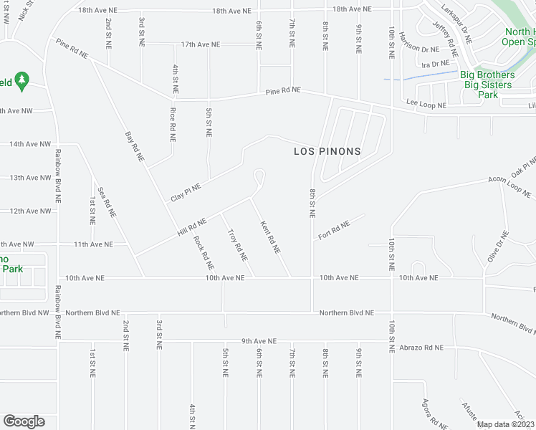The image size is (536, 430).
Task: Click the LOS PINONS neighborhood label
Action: [x=327, y=152]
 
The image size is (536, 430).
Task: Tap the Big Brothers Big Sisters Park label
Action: [x=487, y=85]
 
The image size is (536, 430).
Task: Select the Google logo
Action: [x=24, y=421]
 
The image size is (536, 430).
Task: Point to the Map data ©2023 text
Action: [x=505, y=425]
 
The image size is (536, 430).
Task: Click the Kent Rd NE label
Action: [x=269, y=237]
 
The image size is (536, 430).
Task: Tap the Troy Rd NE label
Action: [x=237, y=244]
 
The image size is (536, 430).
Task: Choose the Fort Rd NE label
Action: [x=334, y=230]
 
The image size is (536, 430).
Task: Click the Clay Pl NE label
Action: [x=186, y=192]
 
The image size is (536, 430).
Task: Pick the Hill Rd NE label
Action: [x=192, y=228]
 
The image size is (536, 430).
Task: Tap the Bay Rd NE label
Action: [x=134, y=146]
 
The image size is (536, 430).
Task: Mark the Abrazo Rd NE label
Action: [x=421, y=347]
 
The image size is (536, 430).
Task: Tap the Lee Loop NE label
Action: [x=426, y=105]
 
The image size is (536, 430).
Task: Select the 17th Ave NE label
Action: [x=200, y=44]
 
